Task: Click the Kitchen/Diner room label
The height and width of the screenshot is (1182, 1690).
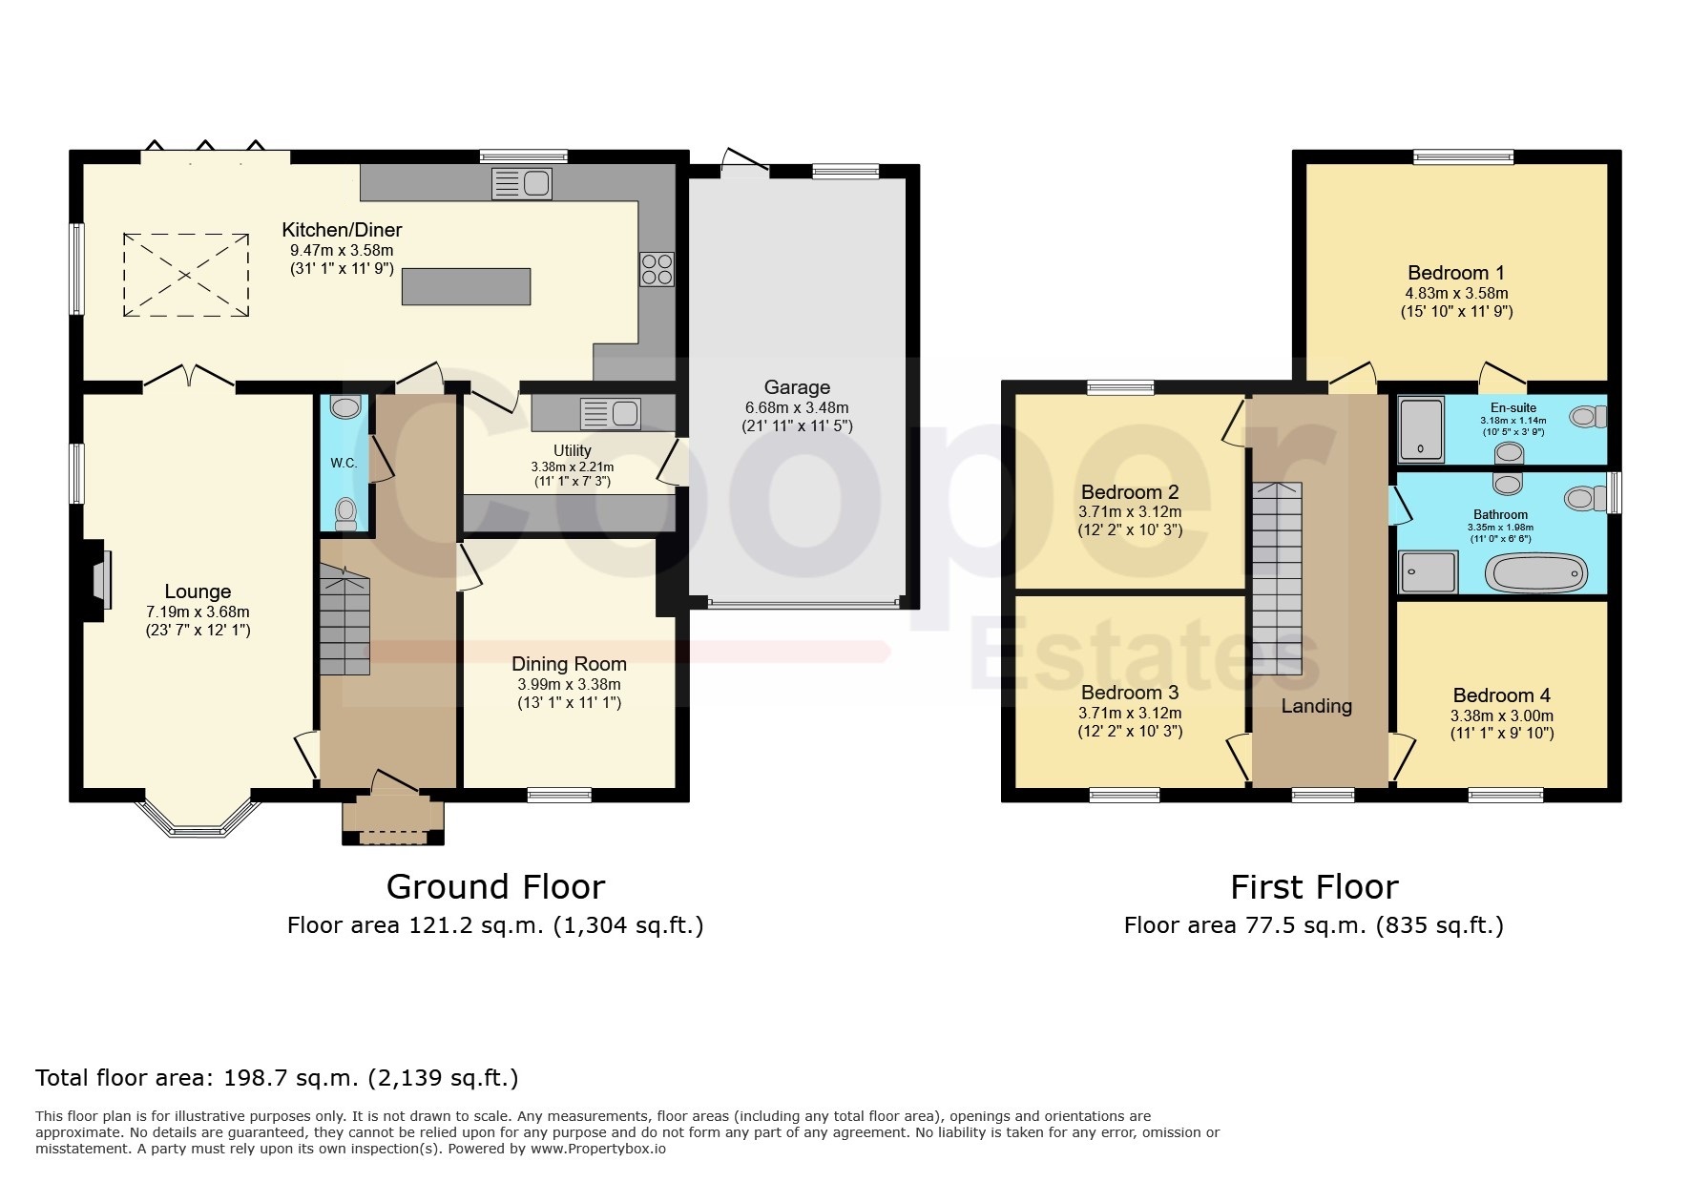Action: coord(342,230)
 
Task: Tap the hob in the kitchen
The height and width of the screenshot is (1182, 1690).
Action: coord(657,268)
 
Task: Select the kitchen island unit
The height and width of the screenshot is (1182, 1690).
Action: coord(466,286)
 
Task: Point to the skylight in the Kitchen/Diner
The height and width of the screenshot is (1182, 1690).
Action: coord(185,275)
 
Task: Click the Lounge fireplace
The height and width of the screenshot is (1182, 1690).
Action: coord(97,582)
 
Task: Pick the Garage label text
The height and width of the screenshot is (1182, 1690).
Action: coord(797,387)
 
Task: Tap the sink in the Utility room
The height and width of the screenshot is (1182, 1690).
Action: coord(611,413)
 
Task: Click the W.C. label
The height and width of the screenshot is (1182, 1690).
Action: coord(344,463)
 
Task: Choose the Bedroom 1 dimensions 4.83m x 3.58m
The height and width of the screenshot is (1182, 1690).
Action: coord(1456,294)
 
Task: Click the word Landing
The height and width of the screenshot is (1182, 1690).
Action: coord(1316,706)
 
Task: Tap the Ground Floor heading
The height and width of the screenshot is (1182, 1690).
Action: coord(495,887)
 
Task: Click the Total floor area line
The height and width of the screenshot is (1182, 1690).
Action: coord(277,1078)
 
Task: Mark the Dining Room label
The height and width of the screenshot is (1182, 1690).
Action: coord(569,664)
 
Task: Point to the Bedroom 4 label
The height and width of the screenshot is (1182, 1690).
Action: coord(1494,695)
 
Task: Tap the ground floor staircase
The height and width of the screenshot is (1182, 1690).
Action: coord(344,620)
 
